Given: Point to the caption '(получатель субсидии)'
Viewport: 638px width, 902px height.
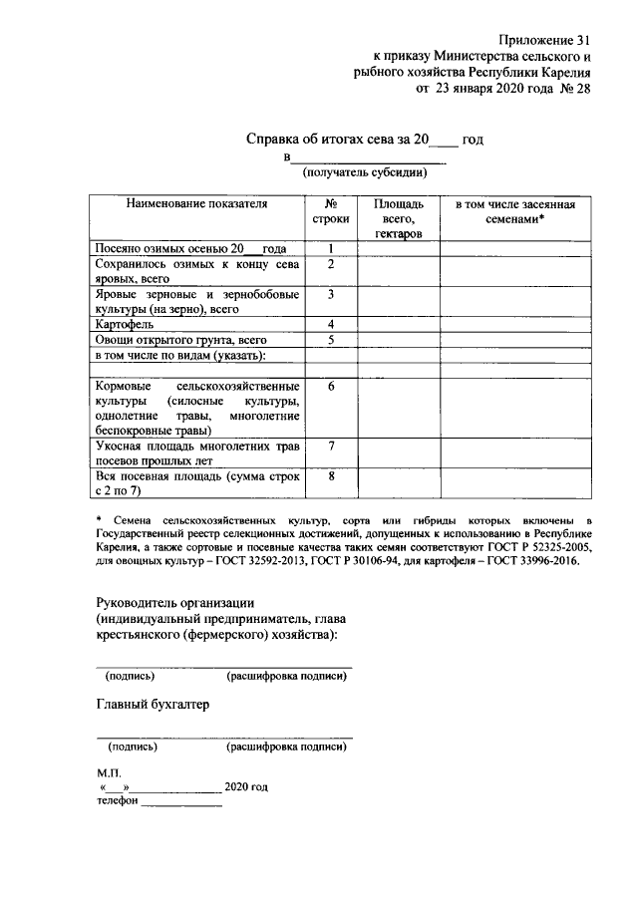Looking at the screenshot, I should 366,172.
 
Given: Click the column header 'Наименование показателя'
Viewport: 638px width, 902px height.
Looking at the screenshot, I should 197,203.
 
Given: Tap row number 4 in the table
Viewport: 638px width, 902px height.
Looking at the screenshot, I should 329,325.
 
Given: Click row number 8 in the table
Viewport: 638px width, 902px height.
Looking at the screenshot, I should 329,475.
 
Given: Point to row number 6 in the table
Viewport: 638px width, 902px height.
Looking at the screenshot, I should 329,386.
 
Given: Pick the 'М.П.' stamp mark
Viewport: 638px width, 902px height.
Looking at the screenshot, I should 108,772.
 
